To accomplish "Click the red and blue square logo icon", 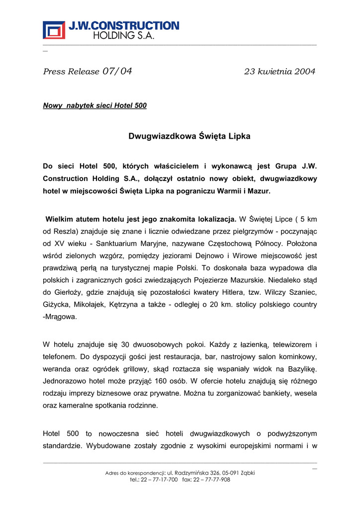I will tap(54, 30).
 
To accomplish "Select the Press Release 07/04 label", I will tap(88, 72).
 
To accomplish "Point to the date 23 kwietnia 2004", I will tap(279, 72).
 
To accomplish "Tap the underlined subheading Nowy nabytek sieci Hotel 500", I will tap(95, 106).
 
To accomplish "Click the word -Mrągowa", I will tap(60, 317).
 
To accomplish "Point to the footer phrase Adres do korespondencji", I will tap(135, 473).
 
